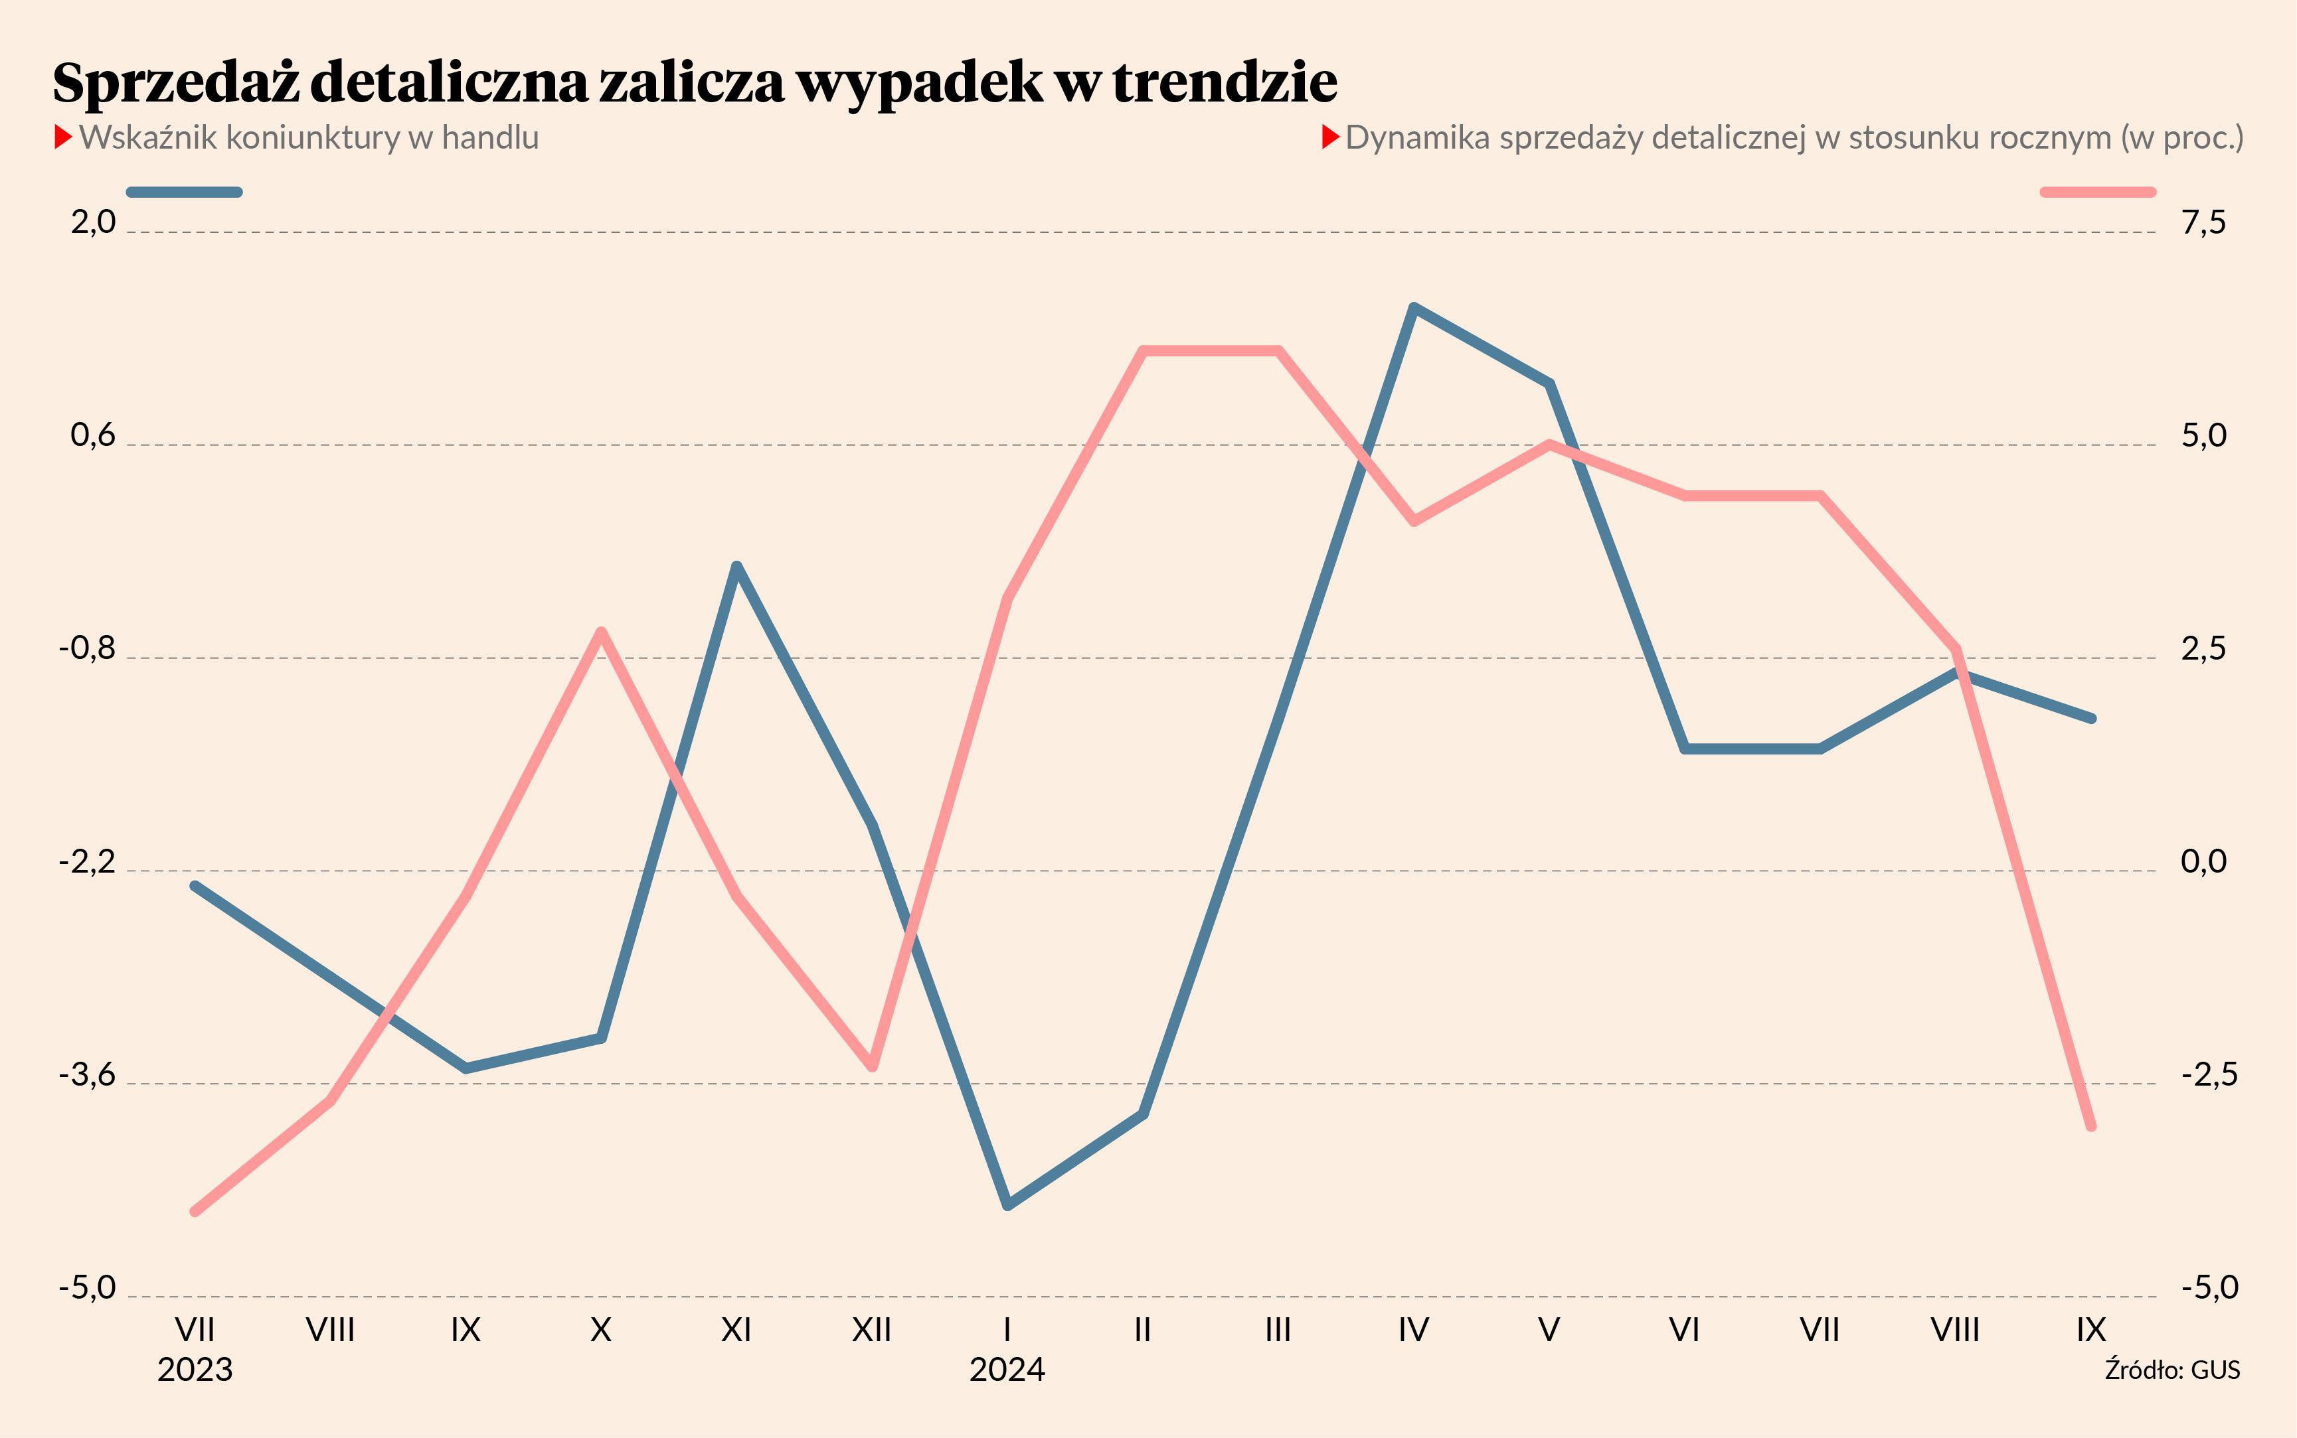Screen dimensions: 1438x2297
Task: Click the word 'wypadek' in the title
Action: [x=919, y=84]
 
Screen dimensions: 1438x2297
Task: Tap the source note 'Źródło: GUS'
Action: [x=2171, y=1370]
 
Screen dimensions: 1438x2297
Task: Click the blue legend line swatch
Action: [x=185, y=192]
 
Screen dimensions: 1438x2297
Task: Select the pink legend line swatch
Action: [x=2097, y=192]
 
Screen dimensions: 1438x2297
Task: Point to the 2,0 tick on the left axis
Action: [x=93, y=222]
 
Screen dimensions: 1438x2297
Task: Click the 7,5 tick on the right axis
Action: [x=2204, y=222]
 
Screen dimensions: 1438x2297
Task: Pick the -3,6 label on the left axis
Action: [x=88, y=1075]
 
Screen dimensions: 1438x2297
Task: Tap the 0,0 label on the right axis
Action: [x=2204, y=861]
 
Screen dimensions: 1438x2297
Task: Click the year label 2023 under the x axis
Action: [x=195, y=1370]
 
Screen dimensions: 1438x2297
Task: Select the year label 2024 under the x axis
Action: [x=1007, y=1370]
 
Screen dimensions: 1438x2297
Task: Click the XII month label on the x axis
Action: [x=872, y=1330]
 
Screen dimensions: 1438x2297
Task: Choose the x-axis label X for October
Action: [x=600, y=1330]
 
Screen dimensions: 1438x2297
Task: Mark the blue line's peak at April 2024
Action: [x=1414, y=307]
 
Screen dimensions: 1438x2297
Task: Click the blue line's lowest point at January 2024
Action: [x=1007, y=1206]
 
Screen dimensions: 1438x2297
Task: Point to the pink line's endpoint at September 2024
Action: [x=2090, y=1127]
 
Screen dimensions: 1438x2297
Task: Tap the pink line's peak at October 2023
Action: [x=600, y=632]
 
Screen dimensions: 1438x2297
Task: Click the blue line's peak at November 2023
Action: [x=736, y=566]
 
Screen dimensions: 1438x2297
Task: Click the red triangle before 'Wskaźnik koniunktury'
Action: [x=64, y=138]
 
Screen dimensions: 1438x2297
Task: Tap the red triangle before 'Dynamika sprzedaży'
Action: [x=1330, y=138]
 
